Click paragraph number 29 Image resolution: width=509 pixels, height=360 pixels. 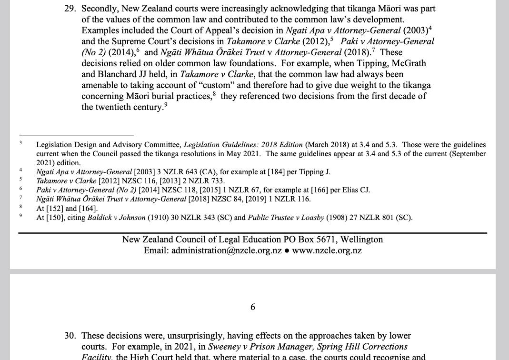tap(70, 9)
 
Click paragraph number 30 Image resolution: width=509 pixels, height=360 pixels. tap(70, 336)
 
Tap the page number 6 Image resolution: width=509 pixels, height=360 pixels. tap(253, 307)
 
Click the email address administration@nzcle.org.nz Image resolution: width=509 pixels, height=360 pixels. tap(227, 250)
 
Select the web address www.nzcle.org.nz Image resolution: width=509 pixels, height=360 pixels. tap(327, 250)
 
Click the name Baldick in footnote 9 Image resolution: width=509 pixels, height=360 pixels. tap(100, 218)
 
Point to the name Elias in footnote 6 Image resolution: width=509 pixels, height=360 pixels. tap(352, 190)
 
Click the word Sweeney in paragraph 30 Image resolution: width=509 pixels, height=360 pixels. tap(224, 347)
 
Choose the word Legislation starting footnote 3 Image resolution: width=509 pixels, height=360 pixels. tap(53, 145)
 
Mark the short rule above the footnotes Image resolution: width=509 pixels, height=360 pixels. tap(76, 135)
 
